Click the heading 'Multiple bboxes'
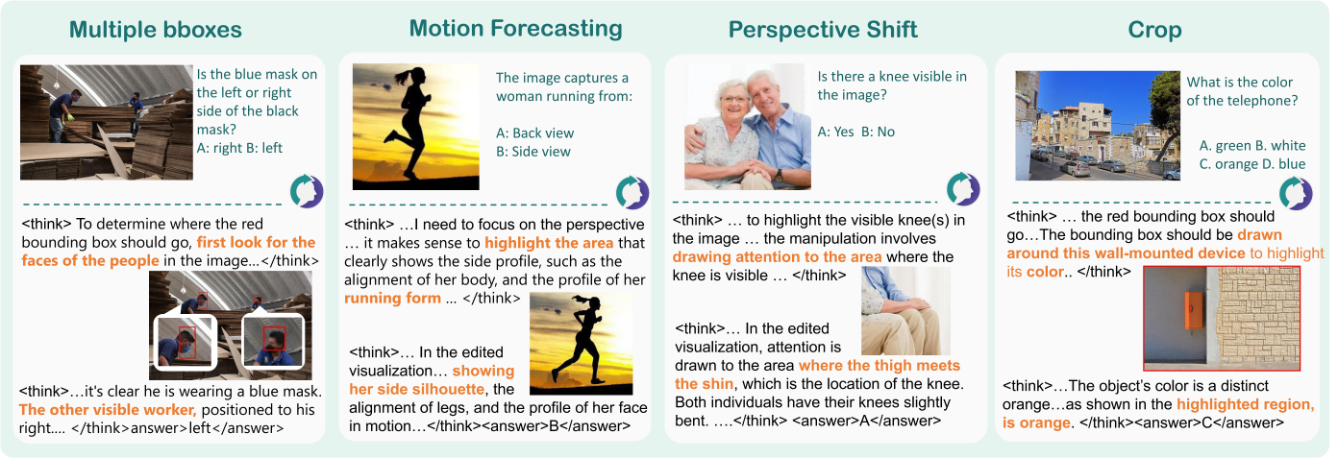click(156, 30)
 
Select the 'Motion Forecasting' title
click(515, 28)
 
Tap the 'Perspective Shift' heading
click(823, 30)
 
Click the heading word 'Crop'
click(1154, 31)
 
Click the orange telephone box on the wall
click(1194, 310)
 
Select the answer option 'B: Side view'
click(533, 152)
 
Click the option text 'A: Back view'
click(534, 133)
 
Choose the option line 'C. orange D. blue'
click(1252, 164)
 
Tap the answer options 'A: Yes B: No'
click(856, 132)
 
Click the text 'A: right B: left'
click(239, 148)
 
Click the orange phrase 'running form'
click(392, 299)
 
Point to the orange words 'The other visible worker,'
click(108, 410)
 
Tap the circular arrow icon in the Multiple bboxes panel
click(307, 191)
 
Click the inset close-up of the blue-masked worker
click(185, 343)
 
